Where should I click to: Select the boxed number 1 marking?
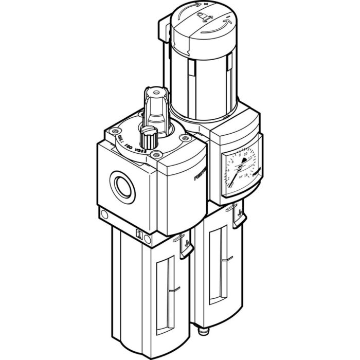tap(138, 234)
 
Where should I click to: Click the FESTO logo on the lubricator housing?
tap(201, 174)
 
